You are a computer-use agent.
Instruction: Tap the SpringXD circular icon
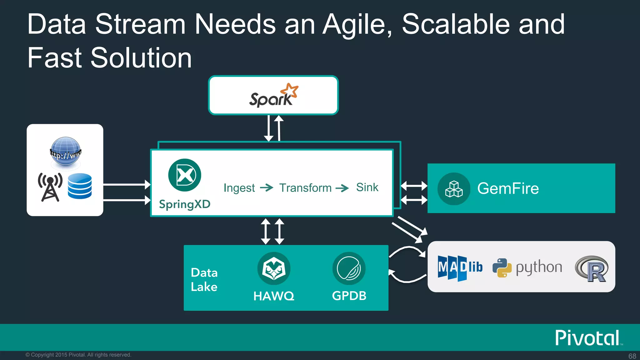tap(185, 175)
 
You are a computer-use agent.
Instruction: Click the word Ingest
tap(239, 188)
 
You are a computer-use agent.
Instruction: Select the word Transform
tap(305, 188)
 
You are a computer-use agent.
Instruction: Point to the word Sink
tap(367, 187)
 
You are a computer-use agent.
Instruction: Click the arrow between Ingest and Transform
tap(267, 187)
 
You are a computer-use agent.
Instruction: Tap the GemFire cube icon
tap(454, 189)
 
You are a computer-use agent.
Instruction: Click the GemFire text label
tap(508, 188)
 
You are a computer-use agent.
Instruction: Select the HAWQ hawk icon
tap(274, 268)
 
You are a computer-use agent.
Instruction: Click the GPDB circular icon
tap(349, 268)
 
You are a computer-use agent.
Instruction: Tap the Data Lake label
tap(204, 280)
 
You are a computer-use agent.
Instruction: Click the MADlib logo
tap(460, 267)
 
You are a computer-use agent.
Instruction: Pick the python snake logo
tap(502, 268)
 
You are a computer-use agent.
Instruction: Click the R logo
tap(592, 268)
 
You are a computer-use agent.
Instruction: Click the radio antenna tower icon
tap(50, 187)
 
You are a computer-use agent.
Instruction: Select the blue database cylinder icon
tap(80, 186)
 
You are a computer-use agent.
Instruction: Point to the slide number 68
tap(632, 356)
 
